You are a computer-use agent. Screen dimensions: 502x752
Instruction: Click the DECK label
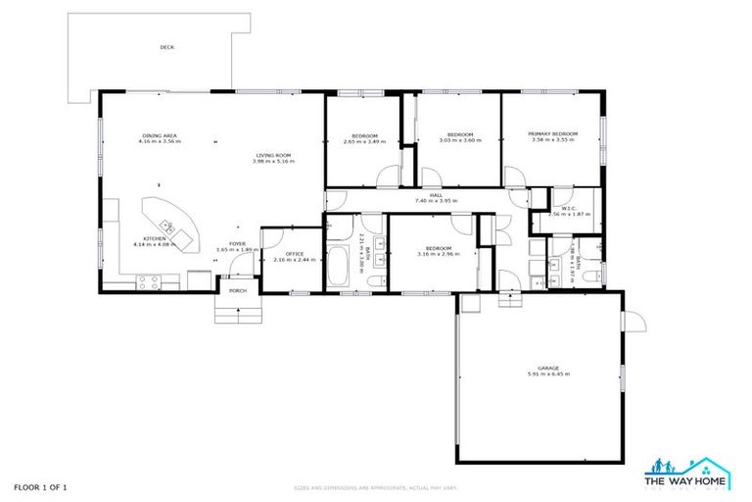click(x=167, y=47)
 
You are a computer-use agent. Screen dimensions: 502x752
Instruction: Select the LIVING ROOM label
click(x=273, y=156)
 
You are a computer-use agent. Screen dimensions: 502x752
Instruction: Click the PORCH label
click(x=237, y=291)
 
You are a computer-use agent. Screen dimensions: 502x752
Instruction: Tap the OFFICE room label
click(x=280, y=254)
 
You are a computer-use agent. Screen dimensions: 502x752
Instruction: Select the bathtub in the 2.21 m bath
click(x=340, y=263)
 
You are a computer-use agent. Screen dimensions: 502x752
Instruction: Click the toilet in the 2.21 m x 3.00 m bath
click(x=374, y=282)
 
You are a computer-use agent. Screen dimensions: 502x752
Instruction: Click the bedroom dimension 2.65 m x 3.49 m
click(x=364, y=142)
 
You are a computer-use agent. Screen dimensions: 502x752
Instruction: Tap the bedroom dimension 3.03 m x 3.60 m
click(x=460, y=140)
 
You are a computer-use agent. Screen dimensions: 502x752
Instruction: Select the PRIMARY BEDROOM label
click(x=553, y=133)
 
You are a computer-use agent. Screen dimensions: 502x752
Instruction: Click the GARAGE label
click(x=547, y=368)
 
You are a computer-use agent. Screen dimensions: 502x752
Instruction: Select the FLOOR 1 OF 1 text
click(x=41, y=487)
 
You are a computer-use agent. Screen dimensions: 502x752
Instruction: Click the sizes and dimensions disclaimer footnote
click(x=376, y=487)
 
